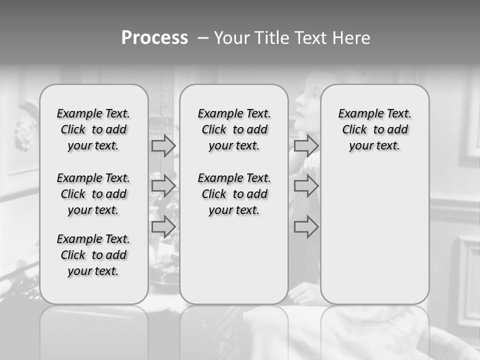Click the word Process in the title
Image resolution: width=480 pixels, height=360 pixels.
pos(154,38)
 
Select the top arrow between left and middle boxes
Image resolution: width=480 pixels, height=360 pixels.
pos(163,145)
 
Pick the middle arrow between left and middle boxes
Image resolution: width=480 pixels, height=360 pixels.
pos(163,186)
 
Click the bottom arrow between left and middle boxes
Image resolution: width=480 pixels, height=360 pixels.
pos(163,227)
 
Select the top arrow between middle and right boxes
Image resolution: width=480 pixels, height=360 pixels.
pos(306,145)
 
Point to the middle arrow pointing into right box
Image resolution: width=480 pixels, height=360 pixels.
pos(306,186)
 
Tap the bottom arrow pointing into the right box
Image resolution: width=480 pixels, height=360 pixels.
pos(306,227)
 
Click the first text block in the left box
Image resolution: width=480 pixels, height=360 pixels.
pos(93,129)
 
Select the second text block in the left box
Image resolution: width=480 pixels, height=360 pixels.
pos(93,194)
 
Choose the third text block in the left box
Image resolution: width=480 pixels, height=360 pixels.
pos(93,255)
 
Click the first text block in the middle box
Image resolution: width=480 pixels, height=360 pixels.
pos(234,129)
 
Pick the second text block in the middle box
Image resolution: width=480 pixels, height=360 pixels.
pos(234,194)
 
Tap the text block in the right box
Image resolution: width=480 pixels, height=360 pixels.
pos(375,129)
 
